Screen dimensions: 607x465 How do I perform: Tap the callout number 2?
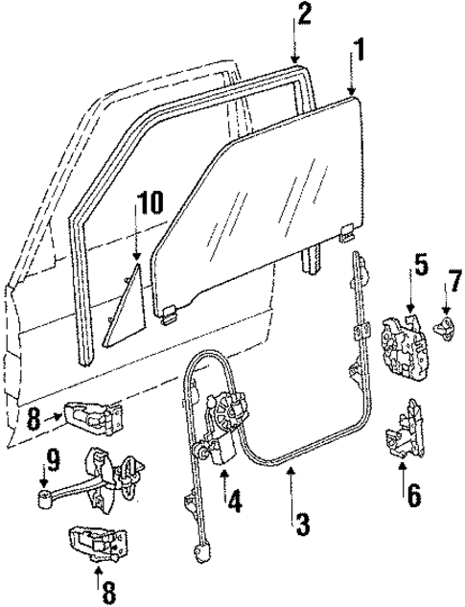(x=304, y=14)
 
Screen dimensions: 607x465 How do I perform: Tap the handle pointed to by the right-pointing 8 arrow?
(x=96, y=415)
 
